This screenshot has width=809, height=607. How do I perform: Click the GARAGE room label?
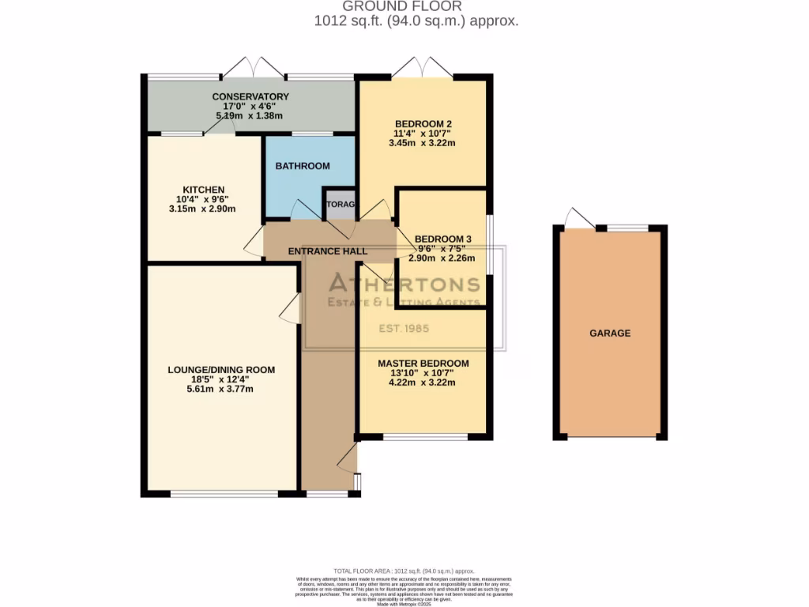coord(610,334)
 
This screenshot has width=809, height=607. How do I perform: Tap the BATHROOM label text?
coord(303,166)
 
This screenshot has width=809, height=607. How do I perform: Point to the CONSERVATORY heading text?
coord(250,96)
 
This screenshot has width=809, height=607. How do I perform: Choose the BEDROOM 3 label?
coord(442,239)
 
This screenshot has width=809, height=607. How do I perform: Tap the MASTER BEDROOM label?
coord(423,364)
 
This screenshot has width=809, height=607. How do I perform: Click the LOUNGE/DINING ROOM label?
coord(221,370)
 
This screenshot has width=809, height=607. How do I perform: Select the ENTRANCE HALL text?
coord(327,251)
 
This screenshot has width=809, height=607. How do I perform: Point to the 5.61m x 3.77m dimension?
coord(221,389)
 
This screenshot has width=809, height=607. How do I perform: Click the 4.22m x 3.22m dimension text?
coord(423,383)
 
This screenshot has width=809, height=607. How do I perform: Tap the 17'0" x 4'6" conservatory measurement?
coord(250,106)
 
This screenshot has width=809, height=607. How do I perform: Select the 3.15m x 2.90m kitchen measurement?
coord(203,209)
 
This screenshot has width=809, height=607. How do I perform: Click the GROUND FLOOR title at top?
coord(416,6)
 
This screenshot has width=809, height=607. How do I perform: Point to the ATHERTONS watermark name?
coord(404,285)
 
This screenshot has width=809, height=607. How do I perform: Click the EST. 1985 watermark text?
coord(404,328)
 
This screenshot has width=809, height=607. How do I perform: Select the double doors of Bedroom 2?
coord(423,67)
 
